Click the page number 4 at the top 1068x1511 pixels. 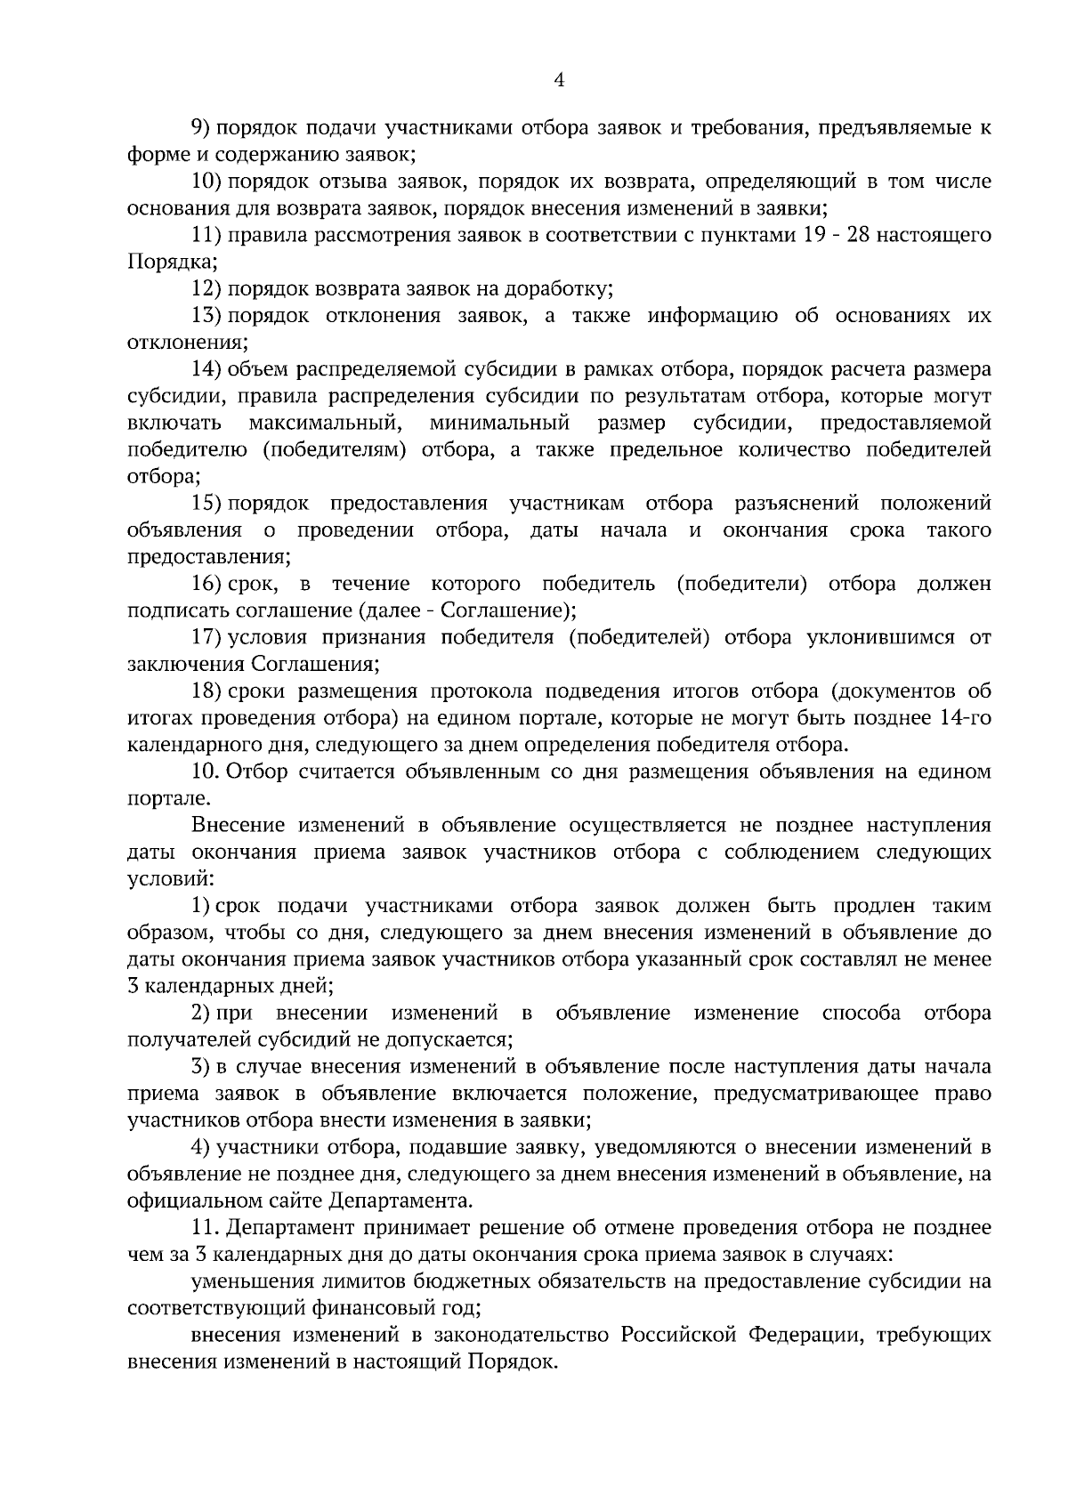559,80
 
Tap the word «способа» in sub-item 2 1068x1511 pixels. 861,1014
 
